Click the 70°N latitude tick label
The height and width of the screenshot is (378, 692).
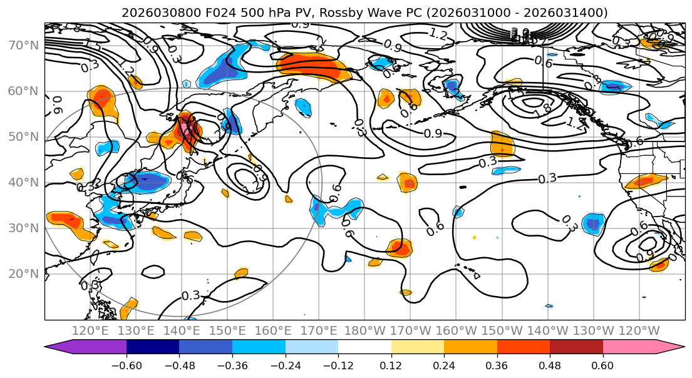pos(24,46)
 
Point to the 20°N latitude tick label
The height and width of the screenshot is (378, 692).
pos(24,274)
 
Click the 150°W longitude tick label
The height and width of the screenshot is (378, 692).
pos(504,330)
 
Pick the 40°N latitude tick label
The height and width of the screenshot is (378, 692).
pos(24,183)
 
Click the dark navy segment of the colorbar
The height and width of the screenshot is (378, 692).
pos(153,347)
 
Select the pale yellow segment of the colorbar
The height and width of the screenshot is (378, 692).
pos(418,347)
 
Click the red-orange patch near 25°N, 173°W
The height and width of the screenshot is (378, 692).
pos(399,248)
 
